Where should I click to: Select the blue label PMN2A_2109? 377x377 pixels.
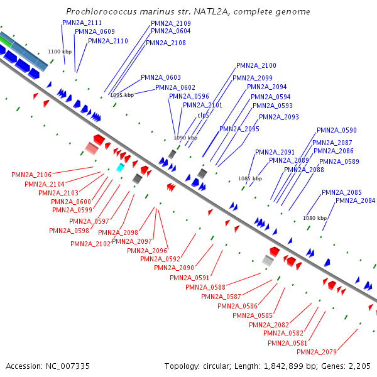pos(171,23)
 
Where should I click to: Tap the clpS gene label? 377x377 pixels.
pos(203,115)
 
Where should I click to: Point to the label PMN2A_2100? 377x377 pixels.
pos(256,65)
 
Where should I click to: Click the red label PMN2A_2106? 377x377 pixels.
pos(31,175)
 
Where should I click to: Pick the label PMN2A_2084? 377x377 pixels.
pos(355,200)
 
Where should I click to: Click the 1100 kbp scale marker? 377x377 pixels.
pos(60,52)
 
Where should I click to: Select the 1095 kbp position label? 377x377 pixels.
pos(121,95)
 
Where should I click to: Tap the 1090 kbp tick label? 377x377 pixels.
pos(185,138)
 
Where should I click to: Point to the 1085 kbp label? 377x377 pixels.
pos(249,178)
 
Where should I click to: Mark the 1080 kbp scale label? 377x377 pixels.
pos(315,218)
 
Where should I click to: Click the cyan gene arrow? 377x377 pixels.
pos(120,168)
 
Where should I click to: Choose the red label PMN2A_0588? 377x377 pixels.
pos(205,287)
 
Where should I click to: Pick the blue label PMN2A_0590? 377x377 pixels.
pos(336,130)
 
